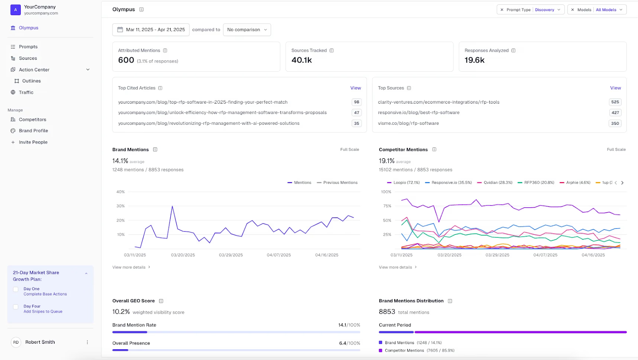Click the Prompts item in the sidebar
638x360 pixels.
(x=28, y=47)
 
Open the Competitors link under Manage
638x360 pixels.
(x=32, y=120)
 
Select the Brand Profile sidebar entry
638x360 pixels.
(x=33, y=131)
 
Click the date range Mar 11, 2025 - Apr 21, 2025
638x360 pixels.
(x=151, y=30)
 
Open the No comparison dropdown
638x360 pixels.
(x=246, y=30)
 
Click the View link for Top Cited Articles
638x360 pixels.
(x=355, y=88)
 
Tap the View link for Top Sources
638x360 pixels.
(x=615, y=88)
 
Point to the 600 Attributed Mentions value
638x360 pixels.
(x=126, y=60)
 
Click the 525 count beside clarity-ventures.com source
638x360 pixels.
(x=615, y=102)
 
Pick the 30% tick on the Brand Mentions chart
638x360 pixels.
(x=120, y=206)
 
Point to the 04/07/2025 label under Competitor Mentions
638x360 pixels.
(x=545, y=255)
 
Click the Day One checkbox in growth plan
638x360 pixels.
(x=16, y=289)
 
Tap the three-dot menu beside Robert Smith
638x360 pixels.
(x=87, y=342)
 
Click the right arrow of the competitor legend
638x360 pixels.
(x=622, y=183)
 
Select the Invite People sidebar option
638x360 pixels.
(x=33, y=142)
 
